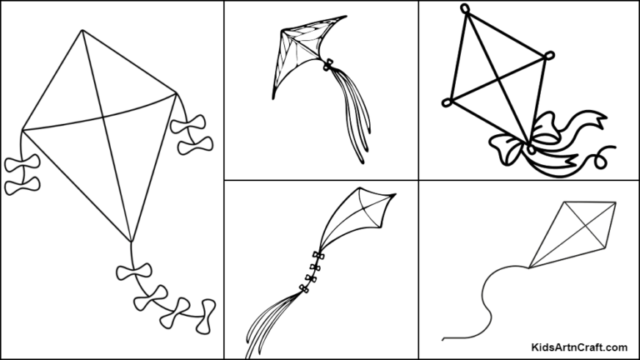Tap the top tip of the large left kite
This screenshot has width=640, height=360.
click(x=82, y=31)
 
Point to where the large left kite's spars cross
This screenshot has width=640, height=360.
click(x=102, y=111)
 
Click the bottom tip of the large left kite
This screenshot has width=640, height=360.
click(x=131, y=242)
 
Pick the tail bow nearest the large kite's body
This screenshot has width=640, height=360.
click(x=134, y=274)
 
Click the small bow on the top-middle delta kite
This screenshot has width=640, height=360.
click(x=329, y=64)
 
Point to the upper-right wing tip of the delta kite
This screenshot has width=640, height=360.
click(x=344, y=15)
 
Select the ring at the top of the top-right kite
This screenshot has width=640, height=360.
click(x=464, y=11)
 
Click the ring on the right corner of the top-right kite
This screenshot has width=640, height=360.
click(x=548, y=56)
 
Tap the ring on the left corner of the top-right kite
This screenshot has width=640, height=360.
click(x=447, y=103)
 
